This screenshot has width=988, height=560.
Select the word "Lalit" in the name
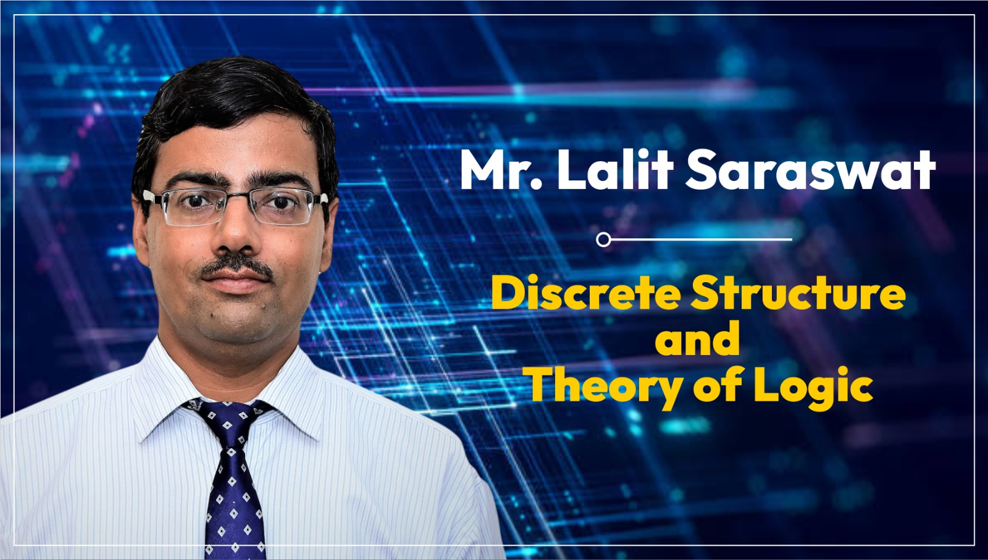(x=616, y=169)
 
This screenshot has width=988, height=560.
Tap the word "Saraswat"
(x=810, y=170)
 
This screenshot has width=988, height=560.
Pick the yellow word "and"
(x=697, y=338)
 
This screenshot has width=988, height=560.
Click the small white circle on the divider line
(x=603, y=240)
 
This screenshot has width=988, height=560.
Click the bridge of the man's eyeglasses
(x=238, y=196)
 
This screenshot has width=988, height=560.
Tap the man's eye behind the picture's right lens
(x=281, y=202)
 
